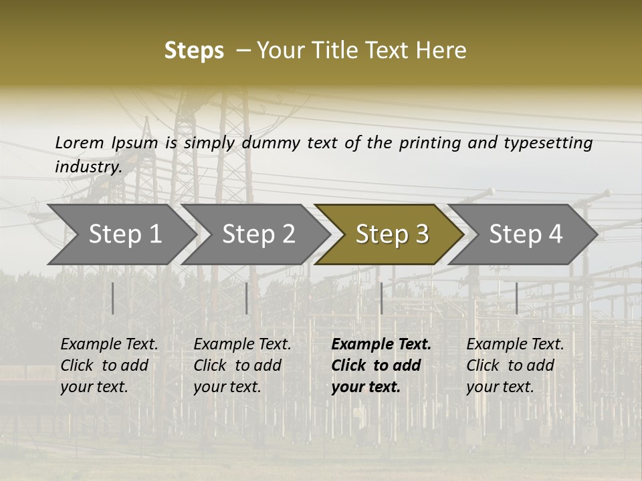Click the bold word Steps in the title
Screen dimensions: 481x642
click(x=194, y=51)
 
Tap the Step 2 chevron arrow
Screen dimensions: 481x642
click(x=258, y=234)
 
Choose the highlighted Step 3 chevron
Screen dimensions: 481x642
click(x=391, y=234)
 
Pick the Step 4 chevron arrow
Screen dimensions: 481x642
click(x=526, y=234)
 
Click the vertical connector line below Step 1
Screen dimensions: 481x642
click(x=113, y=298)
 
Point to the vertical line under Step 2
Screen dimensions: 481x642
click(x=247, y=298)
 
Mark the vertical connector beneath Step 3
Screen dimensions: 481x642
click(x=381, y=298)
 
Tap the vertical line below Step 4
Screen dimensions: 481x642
click(x=516, y=298)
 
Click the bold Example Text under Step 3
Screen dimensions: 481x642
click(x=381, y=345)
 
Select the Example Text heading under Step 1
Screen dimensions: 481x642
click(x=109, y=345)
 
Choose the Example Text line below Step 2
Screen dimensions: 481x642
click(x=242, y=345)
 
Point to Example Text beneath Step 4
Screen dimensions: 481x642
click(x=515, y=345)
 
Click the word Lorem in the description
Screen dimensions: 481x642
click(x=79, y=142)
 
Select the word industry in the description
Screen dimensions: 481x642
click(x=88, y=166)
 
